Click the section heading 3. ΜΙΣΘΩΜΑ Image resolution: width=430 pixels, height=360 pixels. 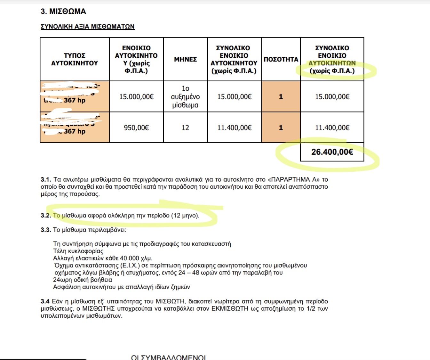pos(63,12)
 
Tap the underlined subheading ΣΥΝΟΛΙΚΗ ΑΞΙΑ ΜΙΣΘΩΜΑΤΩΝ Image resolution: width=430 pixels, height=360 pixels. pos(87,27)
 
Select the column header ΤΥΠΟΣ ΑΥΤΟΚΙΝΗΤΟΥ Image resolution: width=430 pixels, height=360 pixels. pos(75,59)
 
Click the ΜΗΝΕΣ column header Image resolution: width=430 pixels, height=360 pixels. pos(185,59)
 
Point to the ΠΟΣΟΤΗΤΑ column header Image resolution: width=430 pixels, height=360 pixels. pos(281,59)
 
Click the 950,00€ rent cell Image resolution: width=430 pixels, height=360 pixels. pos(136,128)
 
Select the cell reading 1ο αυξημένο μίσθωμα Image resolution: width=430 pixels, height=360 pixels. pos(185,96)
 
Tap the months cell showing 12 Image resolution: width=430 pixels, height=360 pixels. pos(185,128)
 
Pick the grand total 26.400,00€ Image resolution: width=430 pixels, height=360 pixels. pos(332,152)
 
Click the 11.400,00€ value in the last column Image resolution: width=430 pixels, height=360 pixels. pos(332,128)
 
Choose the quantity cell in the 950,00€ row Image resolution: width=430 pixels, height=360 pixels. pos(281,128)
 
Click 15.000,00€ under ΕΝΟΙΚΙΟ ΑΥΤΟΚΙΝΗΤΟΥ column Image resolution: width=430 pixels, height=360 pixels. pos(136,96)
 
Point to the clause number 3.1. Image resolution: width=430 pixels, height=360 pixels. pos(46,179)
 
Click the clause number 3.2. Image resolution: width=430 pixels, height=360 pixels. pos(46,216)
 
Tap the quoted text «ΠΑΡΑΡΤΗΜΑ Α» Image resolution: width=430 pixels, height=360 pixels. pos(293,179)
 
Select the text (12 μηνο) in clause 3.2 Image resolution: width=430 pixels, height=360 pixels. pos(185,216)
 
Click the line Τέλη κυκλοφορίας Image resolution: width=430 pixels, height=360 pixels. pos(78,251)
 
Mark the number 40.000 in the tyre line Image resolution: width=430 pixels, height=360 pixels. pos(130,258)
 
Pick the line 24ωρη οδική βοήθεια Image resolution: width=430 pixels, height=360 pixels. pos(83,280)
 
